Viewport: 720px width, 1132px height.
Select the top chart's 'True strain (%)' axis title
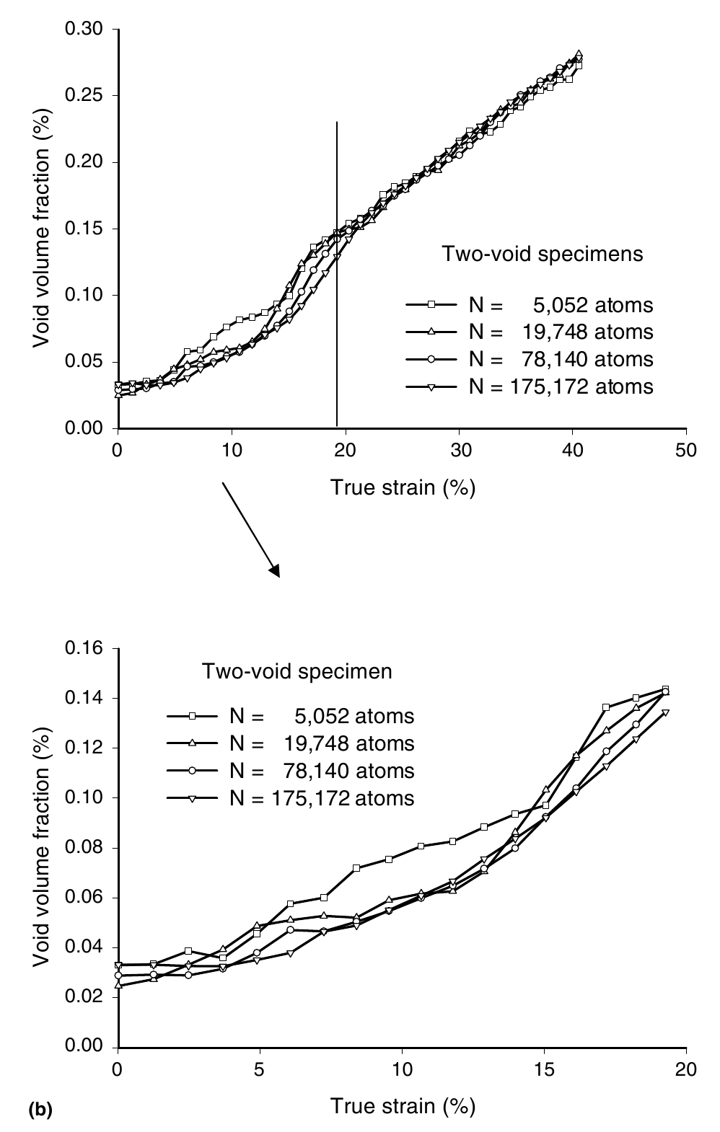coord(403,487)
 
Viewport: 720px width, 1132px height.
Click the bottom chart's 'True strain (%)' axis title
coord(403,1105)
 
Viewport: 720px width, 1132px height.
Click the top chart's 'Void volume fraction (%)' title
coord(42,229)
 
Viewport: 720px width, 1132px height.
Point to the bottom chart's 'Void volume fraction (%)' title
coord(42,847)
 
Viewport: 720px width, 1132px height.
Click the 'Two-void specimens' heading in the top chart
coord(542,254)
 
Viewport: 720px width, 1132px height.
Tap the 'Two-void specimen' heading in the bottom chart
coord(297,671)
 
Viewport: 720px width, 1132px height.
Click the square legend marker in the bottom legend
coord(193,716)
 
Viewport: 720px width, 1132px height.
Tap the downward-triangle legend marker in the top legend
coord(431,387)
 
